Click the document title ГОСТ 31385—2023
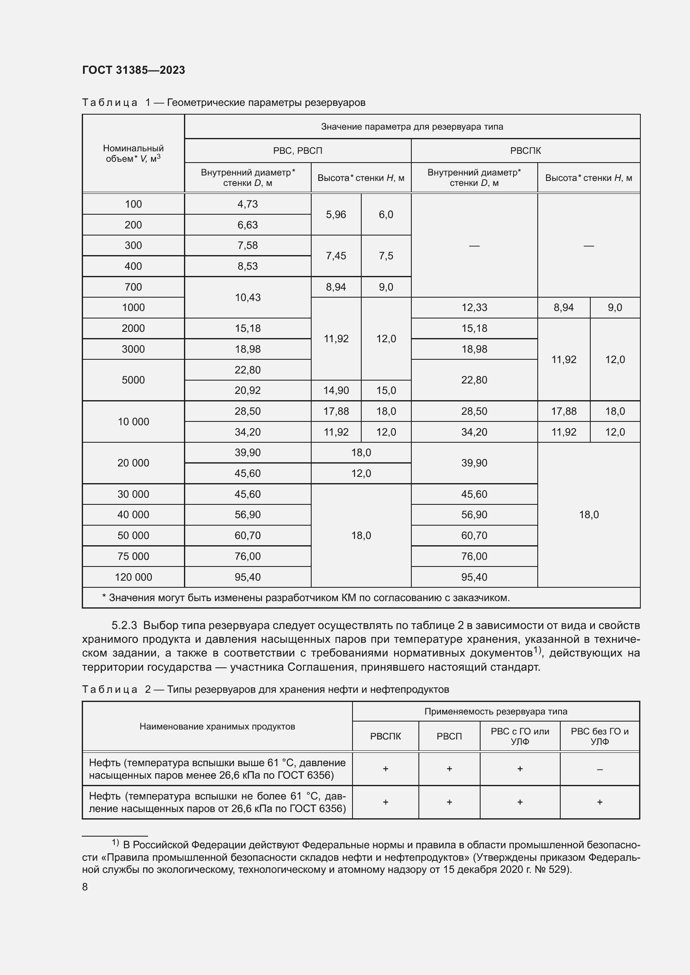133,70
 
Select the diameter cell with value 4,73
247,204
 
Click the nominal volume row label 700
133,287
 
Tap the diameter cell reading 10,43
247,297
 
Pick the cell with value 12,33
474,308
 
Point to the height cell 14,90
336,390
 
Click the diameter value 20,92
247,390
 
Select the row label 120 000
133,577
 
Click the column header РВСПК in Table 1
525,151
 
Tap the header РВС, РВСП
297,151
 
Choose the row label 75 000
133,556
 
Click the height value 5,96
336,214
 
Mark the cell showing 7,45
336,256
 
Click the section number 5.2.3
124,625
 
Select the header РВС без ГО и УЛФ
599,736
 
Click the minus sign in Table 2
599,769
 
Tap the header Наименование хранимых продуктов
217,727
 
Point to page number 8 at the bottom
85,887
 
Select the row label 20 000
133,463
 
